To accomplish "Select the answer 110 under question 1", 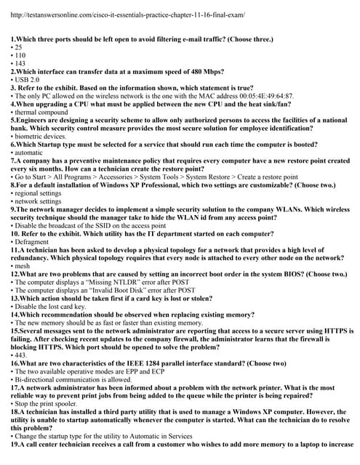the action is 19,56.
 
